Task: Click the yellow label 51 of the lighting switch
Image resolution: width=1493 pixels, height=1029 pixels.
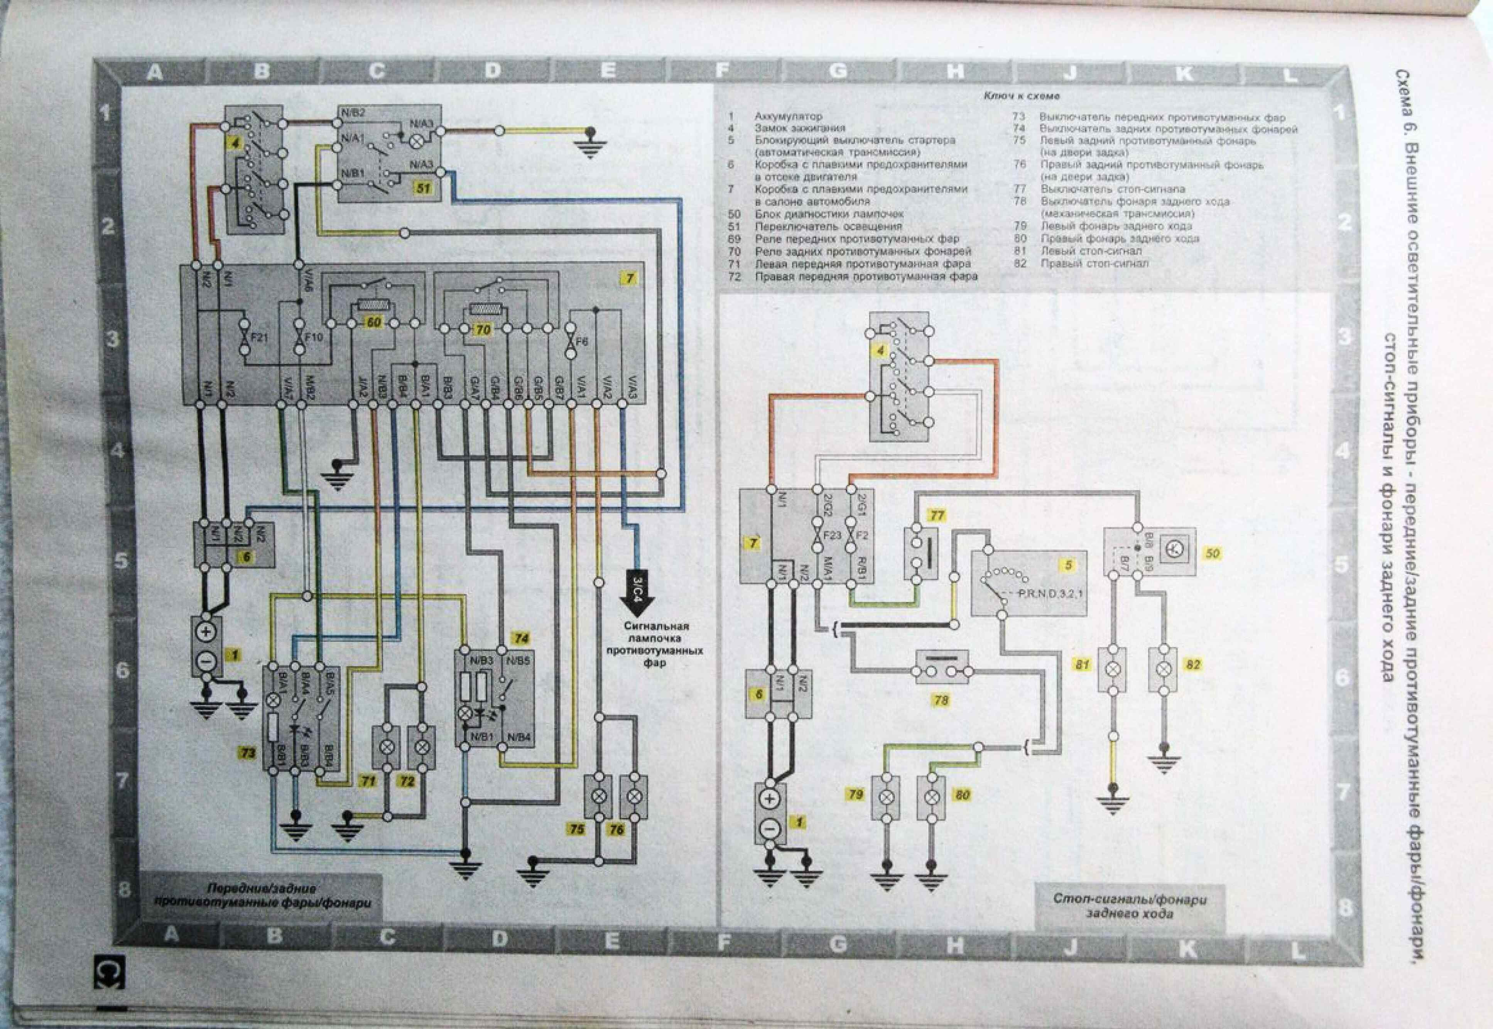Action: click(x=423, y=188)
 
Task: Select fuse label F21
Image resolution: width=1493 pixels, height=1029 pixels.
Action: click(x=260, y=337)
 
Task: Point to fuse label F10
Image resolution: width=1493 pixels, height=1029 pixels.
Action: click(x=314, y=337)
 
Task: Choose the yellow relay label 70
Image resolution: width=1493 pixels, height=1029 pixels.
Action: click(x=483, y=329)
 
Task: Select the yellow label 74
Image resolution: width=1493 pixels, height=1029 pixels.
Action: click(x=521, y=638)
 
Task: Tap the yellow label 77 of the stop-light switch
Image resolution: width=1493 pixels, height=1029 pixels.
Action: click(x=937, y=515)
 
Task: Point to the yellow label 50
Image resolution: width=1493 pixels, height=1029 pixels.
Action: click(x=1213, y=553)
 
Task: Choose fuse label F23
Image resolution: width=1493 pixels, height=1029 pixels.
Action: click(x=832, y=535)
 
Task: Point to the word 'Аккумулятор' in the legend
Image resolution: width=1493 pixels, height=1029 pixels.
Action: click(x=789, y=116)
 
